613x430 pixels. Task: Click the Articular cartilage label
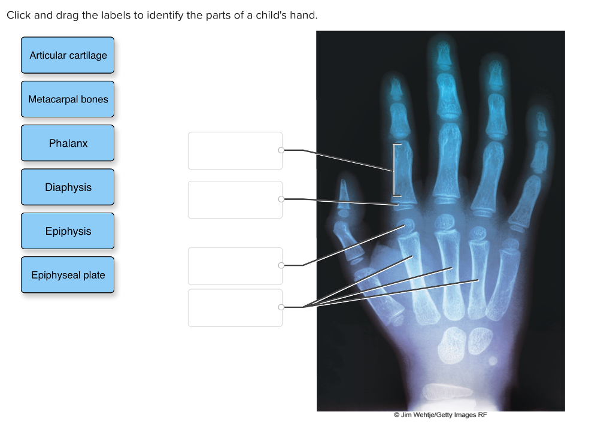68,55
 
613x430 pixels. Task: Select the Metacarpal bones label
68,99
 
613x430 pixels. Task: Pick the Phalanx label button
68,143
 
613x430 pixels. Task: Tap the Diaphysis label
68,187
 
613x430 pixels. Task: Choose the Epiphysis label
68,231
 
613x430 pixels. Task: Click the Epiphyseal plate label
68,275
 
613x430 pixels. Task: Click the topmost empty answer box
235,151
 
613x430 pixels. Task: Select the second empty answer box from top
235,199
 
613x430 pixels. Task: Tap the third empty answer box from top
235,266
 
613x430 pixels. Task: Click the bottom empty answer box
235,308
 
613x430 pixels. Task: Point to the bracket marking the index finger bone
394,170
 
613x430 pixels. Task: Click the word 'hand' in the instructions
302,15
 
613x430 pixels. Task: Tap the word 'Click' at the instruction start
19,15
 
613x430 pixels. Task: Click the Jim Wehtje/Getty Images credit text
440,415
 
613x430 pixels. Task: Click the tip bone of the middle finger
442,54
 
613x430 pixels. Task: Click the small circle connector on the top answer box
281,150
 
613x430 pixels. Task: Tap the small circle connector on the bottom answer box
281,307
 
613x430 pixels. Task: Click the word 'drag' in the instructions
68,15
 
